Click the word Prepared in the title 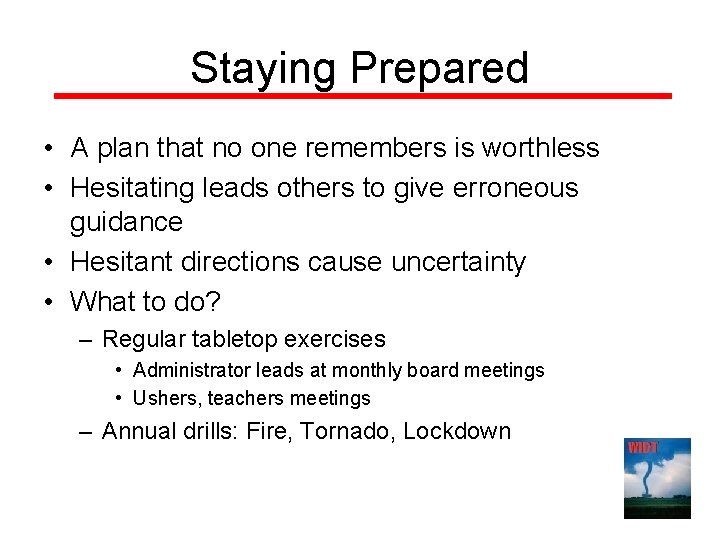(439, 68)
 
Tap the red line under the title (361, 96)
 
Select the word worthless (540, 149)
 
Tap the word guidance (126, 222)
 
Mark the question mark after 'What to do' (213, 300)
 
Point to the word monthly (372, 371)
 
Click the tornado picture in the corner (657, 479)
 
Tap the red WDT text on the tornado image (642, 447)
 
